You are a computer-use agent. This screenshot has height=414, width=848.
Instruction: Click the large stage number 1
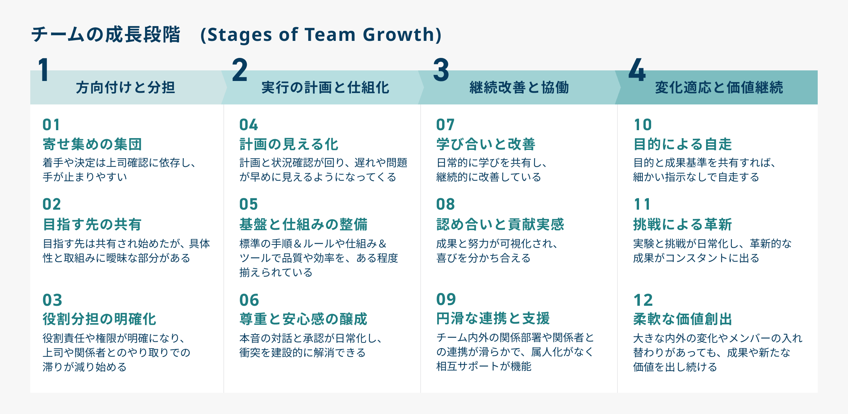pos(44,70)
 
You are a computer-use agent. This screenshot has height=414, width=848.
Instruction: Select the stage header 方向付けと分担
pos(125,87)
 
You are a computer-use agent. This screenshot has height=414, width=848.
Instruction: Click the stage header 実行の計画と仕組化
pos(325,87)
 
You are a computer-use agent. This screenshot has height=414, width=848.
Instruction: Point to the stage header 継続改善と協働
pos(519,87)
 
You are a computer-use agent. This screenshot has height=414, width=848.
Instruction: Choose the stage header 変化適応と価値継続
pos(719,87)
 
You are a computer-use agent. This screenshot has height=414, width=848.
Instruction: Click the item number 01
pos(51,125)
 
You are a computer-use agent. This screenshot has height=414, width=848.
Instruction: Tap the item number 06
pos(249,300)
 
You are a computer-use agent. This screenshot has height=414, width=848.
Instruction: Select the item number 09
pos(446,299)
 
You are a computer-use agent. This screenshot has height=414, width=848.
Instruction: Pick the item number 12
pos(643,300)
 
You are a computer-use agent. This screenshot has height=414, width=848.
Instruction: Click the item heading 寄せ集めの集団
pos(92,144)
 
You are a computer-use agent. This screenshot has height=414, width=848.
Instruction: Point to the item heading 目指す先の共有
pos(92,224)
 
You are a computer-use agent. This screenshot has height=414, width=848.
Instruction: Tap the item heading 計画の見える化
pos(289,144)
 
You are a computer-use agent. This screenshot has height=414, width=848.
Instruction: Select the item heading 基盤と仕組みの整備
pos(303,224)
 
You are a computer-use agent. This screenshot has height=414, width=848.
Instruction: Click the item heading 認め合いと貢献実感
pos(500,224)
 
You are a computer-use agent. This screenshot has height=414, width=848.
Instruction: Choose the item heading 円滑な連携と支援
pos(493,319)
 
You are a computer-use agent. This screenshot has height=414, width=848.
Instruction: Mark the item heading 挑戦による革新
pos(682,224)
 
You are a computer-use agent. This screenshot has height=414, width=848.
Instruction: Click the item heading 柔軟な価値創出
pos(682,319)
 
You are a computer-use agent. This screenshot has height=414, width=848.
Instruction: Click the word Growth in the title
pos(399,34)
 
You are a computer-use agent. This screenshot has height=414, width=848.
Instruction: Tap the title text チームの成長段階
pos(106,34)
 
